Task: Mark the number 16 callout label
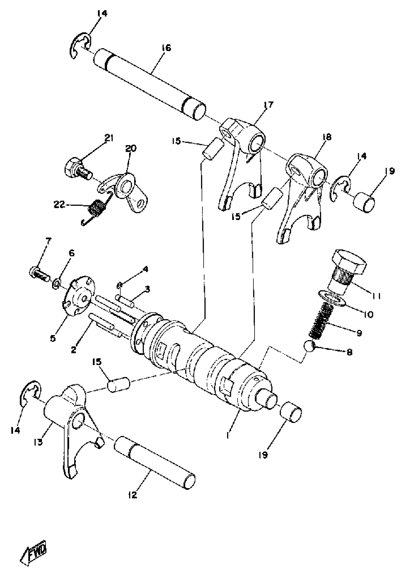coord(166,48)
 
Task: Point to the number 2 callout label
coord(73,349)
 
